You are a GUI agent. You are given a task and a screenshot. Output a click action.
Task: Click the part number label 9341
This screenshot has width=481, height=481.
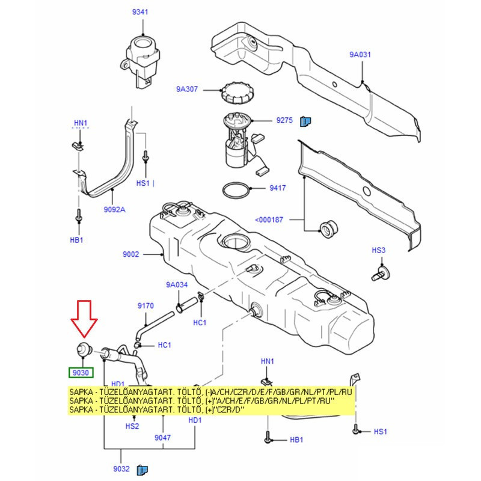pyautogui.click(x=140, y=12)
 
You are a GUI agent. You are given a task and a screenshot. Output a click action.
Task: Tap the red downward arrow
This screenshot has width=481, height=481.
pyautogui.click(x=84, y=319)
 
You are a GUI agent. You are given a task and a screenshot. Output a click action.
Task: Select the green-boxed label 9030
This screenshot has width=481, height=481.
pyautogui.click(x=81, y=373)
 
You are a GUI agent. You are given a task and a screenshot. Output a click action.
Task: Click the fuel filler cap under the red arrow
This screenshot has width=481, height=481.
pyautogui.click(x=82, y=349)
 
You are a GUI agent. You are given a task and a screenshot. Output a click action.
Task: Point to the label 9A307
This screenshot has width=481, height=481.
pyautogui.click(x=187, y=89)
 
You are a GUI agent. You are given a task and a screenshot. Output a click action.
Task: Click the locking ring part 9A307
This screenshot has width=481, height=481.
pyautogui.click(x=237, y=93)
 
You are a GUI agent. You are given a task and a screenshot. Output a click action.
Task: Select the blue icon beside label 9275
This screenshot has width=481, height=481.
pyautogui.click(x=305, y=121)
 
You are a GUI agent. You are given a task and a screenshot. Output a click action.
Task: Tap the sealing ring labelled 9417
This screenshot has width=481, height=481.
pyautogui.click(x=236, y=191)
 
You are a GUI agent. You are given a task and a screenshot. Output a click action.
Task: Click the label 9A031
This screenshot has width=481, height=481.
pyautogui.click(x=360, y=55)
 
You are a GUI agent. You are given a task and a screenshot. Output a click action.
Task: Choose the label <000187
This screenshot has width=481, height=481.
pyautogui.click(x=269, y=219)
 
